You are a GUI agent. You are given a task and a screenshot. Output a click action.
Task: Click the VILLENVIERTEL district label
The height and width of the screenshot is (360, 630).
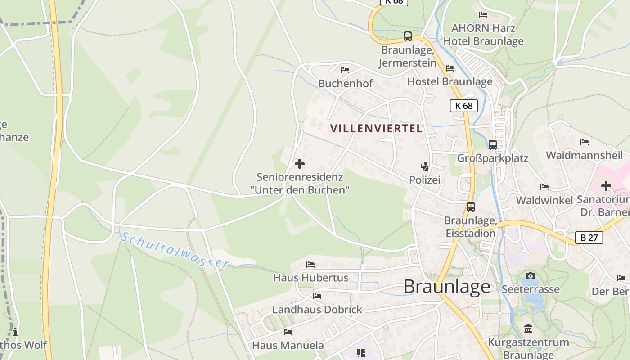coord(377,128)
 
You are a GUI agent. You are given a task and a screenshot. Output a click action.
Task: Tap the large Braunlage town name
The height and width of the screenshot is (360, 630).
coord(447,286)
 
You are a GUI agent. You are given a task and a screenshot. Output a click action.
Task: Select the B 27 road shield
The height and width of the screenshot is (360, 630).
coord(589,238)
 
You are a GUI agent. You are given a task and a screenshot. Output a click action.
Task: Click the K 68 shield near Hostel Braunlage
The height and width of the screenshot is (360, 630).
coord(463,106)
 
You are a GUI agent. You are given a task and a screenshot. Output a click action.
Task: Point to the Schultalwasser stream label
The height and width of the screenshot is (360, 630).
coord(175,250)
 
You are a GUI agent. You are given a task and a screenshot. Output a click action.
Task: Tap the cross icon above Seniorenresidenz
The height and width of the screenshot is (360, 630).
coord(300,164)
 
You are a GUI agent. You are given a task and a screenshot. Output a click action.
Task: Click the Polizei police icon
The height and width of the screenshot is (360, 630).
coord(424,167)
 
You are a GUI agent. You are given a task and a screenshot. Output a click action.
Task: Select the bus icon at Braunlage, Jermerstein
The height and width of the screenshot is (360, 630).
coord(408,36)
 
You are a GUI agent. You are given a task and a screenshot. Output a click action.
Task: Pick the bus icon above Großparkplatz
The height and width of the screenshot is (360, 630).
coord(493,145)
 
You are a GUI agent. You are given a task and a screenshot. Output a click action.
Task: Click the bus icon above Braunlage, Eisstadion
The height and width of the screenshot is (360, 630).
coord(471,207)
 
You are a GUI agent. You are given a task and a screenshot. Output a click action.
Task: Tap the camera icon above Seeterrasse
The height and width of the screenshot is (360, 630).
coord(531,276)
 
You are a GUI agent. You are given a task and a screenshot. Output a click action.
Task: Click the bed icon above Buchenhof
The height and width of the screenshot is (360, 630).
coord(345,70)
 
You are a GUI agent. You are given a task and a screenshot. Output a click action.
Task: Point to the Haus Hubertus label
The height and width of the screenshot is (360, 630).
coord(310,278)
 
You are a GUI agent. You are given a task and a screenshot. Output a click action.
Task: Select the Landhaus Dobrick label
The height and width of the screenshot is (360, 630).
coord(317,310)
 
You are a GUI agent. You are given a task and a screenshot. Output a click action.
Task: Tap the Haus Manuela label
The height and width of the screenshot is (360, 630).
coord(288,345)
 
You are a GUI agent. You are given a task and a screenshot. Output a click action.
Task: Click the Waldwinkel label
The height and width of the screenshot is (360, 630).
coord(544,200)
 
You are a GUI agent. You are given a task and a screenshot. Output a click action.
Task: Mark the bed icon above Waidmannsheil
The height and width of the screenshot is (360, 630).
coord(585,142)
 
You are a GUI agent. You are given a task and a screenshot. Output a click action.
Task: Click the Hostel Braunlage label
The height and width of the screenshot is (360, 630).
coord(450,81)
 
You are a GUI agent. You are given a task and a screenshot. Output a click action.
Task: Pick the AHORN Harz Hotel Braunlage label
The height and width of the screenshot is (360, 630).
coord(483,35)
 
